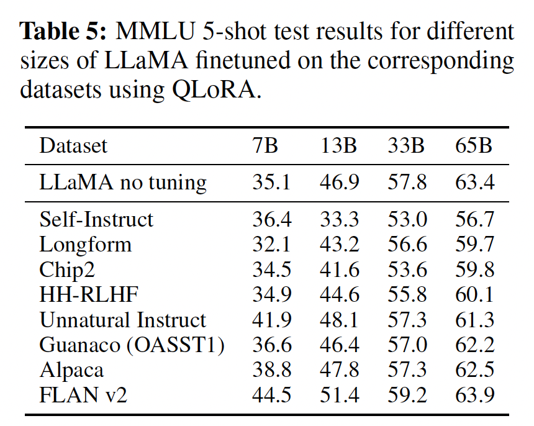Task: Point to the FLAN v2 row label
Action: click(x=83, y=395)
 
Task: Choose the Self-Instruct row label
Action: click(x=96, y=219)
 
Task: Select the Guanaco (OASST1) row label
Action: click(x=132, y=345)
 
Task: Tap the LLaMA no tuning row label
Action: click(x=123, y=183)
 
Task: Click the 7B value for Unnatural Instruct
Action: click(x=271, y=320)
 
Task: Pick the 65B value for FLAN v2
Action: click(x=474, y=395)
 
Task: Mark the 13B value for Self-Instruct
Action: click(x=340, y=219)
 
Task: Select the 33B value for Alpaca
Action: click(x=407, y=370)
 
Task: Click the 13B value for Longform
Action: click(x=340, y=244)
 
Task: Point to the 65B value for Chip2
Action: click(x=474, y=270)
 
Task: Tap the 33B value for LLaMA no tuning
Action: click(x=407, y=183)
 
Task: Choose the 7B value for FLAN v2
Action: click(x=271, y=395)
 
